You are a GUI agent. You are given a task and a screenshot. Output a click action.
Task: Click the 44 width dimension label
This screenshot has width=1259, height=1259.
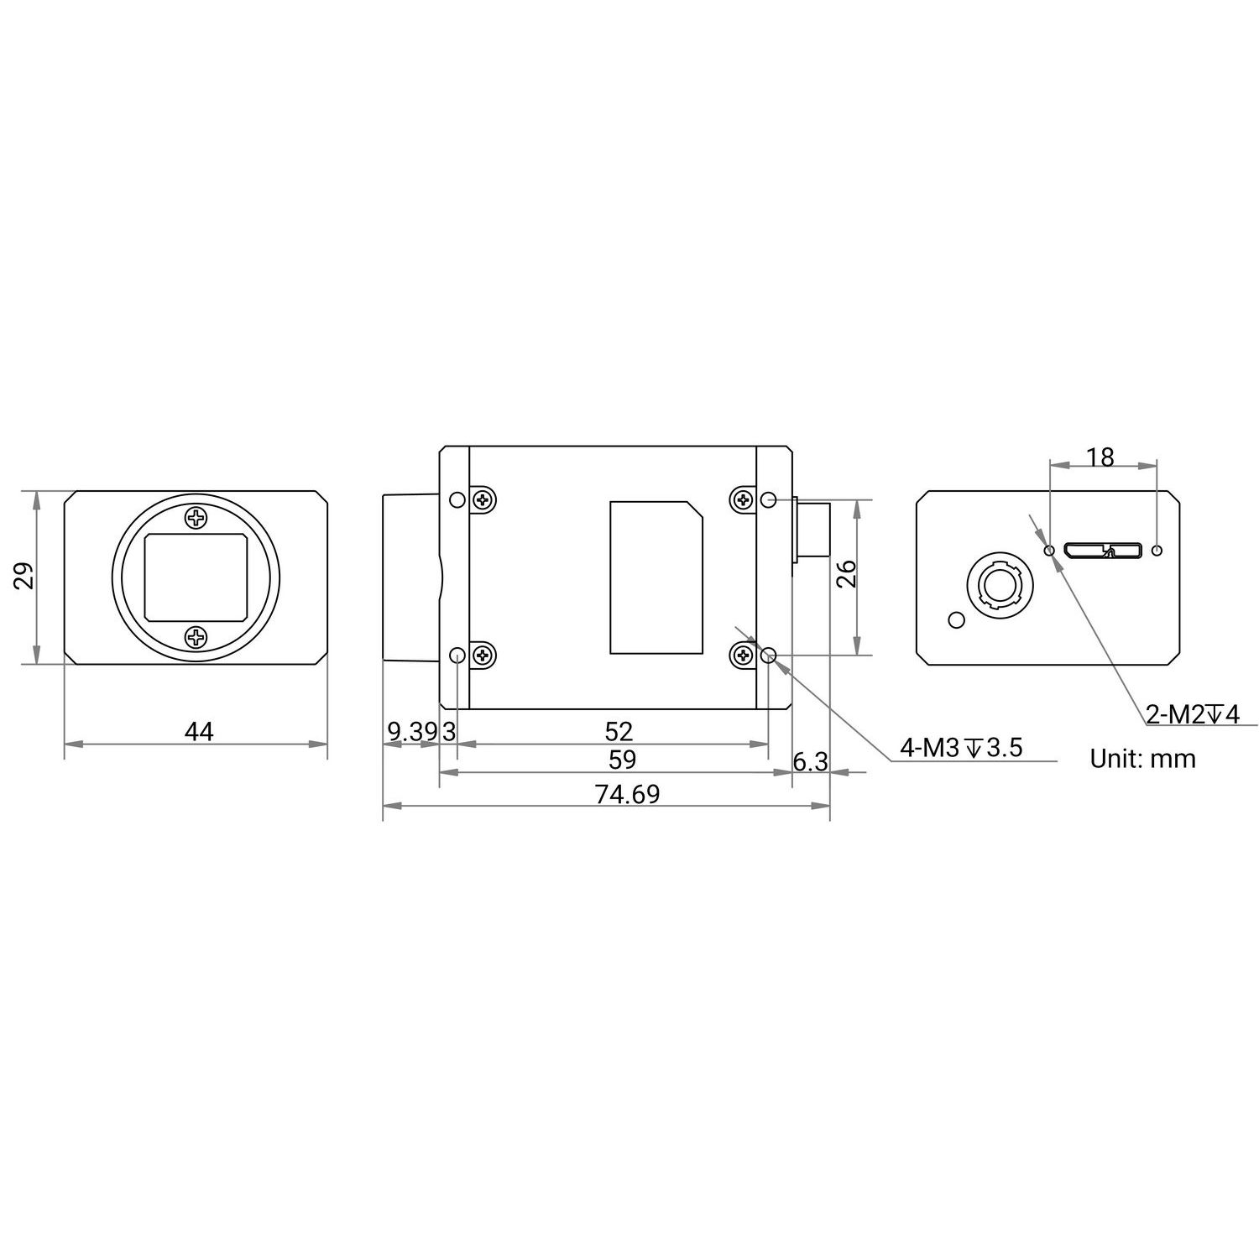point(199,732)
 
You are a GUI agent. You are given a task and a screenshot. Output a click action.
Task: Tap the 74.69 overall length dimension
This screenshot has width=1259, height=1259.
point(627,794)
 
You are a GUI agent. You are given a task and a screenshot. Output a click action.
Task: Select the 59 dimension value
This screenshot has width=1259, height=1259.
point(622,760)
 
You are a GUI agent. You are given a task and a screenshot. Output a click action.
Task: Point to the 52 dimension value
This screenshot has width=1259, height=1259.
point(619,732)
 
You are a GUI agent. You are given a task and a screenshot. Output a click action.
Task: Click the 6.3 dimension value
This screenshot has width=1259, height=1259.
point(811,761)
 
